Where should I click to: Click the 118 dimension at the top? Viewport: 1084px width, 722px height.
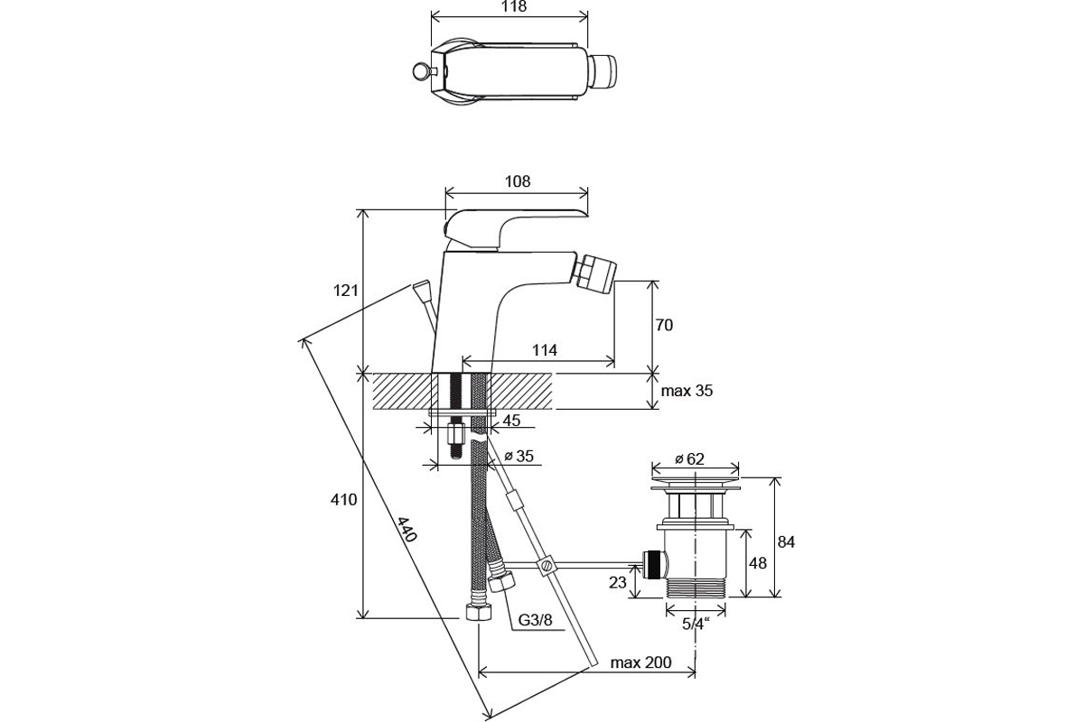[513, 7]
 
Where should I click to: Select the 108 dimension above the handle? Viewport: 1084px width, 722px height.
[518, 181]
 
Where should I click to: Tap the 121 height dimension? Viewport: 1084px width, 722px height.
[345, 291]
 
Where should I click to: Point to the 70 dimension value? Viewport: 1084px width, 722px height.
[664, 325]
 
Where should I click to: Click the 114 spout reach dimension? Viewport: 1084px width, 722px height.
[545, 349]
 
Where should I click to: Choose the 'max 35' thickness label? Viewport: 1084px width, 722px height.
[687, 391]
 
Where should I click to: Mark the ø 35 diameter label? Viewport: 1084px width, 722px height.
[519, 456]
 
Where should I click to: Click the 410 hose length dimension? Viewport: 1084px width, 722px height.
[343, 499]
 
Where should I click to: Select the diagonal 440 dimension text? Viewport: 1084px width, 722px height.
[407, 529]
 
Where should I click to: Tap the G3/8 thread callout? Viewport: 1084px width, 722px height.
[535, 619]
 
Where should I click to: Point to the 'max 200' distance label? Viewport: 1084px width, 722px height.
[640, 662]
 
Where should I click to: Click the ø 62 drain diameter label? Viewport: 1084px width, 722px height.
[689, 458]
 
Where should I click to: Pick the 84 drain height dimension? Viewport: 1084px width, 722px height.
[786, 542]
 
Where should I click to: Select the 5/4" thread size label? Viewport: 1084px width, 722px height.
[696, 624]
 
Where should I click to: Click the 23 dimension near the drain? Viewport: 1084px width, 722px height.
[618, 583]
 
